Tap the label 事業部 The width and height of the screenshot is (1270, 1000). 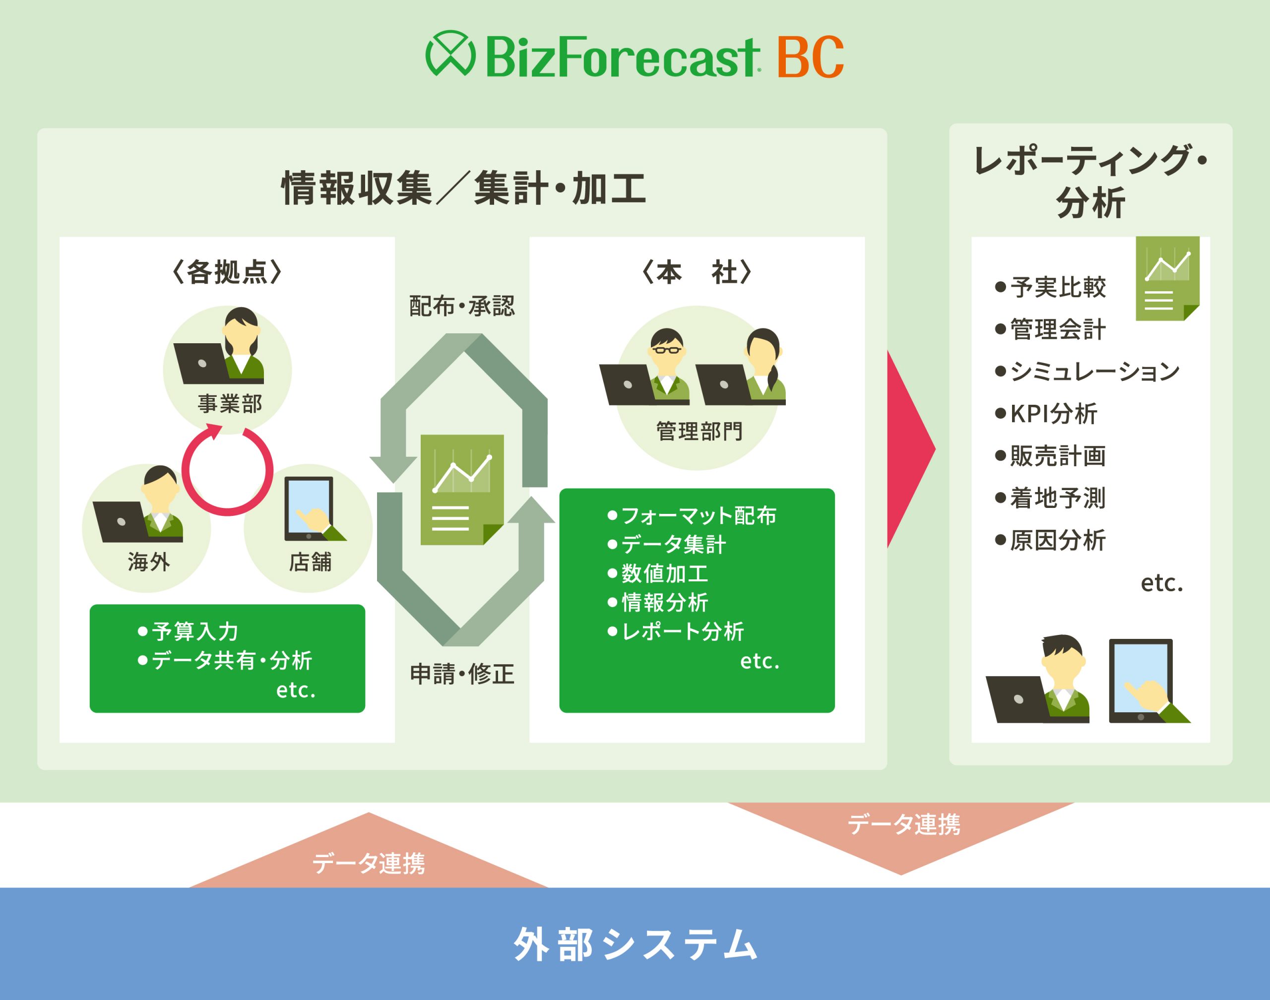pos(230,404)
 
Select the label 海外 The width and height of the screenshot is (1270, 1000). pos(149,562)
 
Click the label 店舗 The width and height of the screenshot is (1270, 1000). pos(311,562)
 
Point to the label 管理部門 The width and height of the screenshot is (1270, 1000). pos(699,432)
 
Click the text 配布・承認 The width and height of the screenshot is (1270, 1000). pos(462,306)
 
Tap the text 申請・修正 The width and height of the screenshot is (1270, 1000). pos(462,674)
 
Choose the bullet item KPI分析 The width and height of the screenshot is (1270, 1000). pos(1046,413)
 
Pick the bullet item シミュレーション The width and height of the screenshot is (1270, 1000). pos(1087,371)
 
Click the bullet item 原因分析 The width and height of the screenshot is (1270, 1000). pos(1050,540)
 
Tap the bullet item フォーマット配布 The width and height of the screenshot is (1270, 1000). pos(692,515)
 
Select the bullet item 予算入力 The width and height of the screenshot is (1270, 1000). pos(188,631)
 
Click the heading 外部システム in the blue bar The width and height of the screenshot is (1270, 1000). pos(635,944)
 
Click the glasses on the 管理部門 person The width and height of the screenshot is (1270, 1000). pos(667,350)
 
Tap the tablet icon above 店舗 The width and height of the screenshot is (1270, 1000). pos(309,509)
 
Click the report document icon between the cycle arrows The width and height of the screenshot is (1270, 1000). pos(462,490)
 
